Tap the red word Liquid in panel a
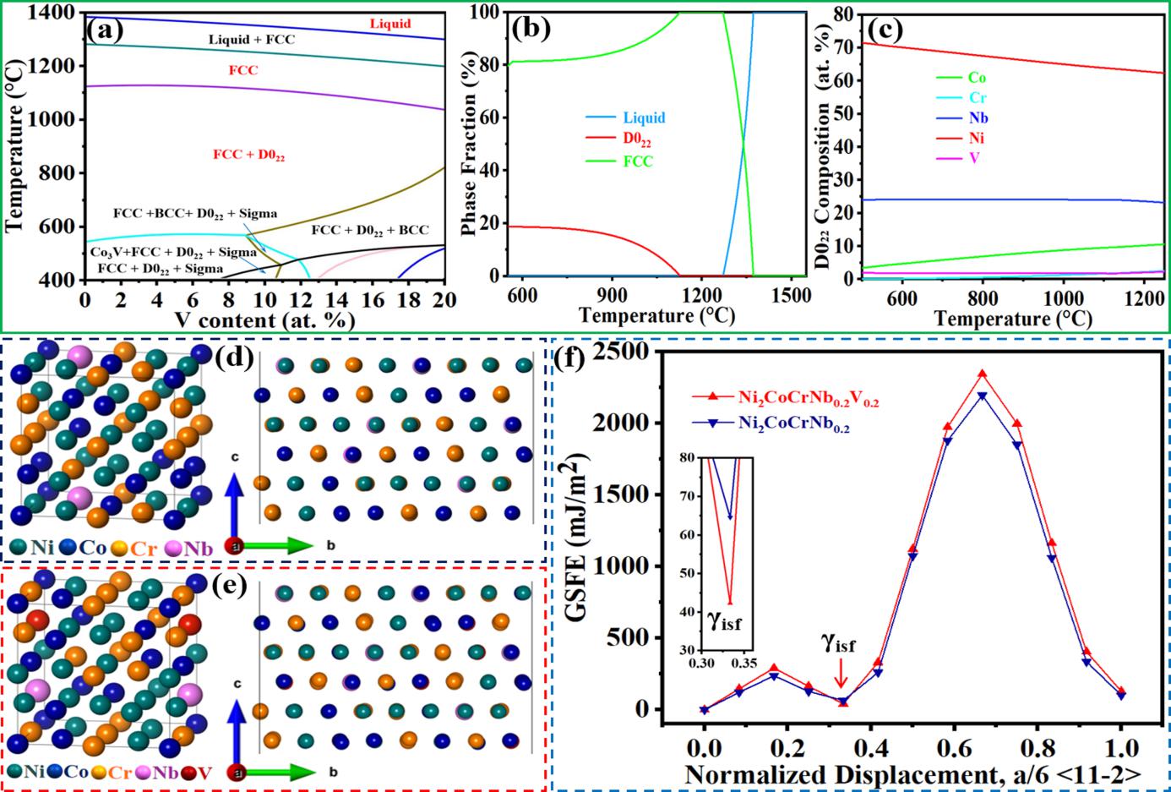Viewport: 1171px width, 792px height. (x=390, y=23)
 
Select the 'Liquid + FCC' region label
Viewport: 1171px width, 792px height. (x=252, y=39)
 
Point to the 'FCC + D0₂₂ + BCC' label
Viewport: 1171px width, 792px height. (x=370, y=230)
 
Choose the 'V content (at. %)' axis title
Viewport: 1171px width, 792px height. (x=264, y=320)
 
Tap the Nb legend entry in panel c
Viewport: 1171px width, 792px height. (x=977, y=118)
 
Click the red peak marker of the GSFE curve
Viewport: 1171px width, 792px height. (x=983, y=373)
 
